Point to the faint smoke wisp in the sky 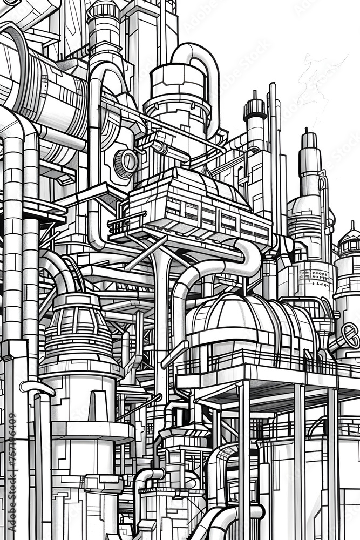pos(318,81)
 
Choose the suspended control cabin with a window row pos(197,208)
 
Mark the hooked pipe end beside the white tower pos(36,387)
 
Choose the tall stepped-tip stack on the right pos(309,162)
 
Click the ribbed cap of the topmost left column pos(104,11)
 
